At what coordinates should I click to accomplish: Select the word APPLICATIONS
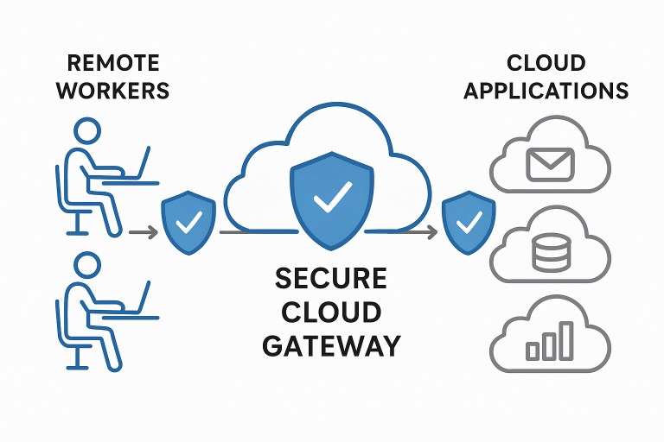tap(546, 90)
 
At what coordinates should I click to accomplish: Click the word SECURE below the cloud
tap(331, 280)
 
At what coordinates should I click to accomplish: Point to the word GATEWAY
tap(331, 345)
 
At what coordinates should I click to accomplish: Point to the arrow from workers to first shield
tap(143, 231)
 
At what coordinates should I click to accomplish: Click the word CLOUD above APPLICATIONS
tap(546, 63)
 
